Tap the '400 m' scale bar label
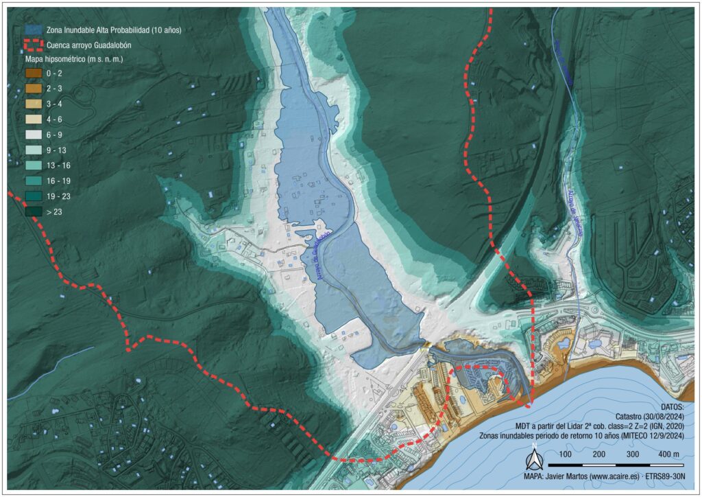(669, 454)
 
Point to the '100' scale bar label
(566, 454)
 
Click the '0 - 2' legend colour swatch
(33, 73)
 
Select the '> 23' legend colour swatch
(33, 212)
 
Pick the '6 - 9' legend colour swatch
(33, 135)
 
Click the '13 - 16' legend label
(59, 166)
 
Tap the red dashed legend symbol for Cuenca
(33, 45)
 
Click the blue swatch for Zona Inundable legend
(33, 30)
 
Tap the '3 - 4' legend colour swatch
(33, 104)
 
